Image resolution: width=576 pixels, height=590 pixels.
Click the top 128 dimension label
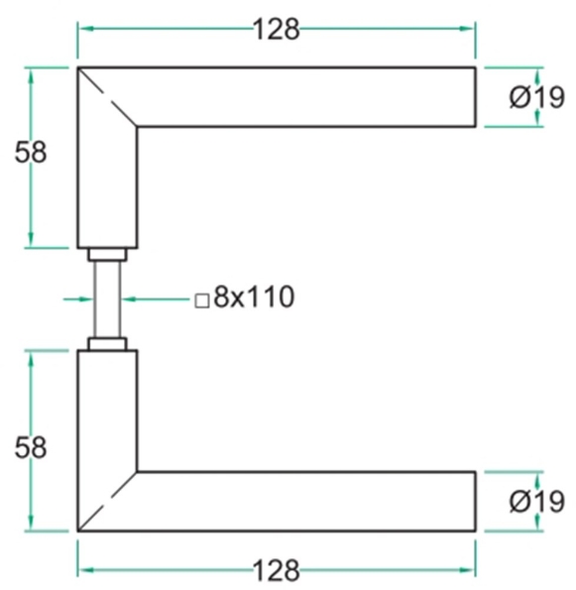click(276, 30)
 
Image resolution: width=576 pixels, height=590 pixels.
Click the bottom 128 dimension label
click(276, 570)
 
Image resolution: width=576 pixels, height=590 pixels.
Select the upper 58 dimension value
click(30, 154)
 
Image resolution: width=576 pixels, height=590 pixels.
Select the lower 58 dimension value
click(30, 447)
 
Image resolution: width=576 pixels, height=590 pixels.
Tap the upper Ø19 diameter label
click(535, 97)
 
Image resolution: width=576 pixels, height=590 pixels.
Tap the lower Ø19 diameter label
click(535, 502)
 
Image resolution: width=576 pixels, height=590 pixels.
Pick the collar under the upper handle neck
click(107, 255)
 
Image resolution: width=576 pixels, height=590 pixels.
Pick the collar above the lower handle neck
click(107, 343)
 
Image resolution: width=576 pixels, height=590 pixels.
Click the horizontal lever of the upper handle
click(307, 97)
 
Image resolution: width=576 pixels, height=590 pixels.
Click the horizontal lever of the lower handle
click(307, 502)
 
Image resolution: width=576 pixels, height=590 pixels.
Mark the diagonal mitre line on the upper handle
click(107, 97)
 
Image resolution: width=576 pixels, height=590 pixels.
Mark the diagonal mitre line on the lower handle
click(107, 502)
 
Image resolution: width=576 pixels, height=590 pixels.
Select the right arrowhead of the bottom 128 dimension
click(470, 570)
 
